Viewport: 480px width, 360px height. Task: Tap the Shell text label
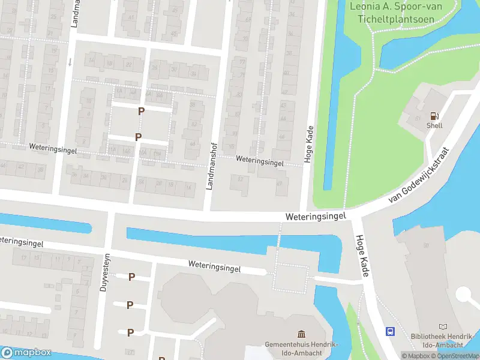434,125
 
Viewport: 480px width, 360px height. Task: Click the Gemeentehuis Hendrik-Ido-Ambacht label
302,349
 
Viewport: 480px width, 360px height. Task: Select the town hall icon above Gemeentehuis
302,334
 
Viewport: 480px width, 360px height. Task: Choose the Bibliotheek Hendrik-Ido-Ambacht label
443,341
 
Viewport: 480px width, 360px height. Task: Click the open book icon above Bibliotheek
443,326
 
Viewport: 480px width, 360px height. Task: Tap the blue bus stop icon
390,331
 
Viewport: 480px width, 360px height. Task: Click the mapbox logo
26,353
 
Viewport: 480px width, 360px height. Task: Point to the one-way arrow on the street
70,61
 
